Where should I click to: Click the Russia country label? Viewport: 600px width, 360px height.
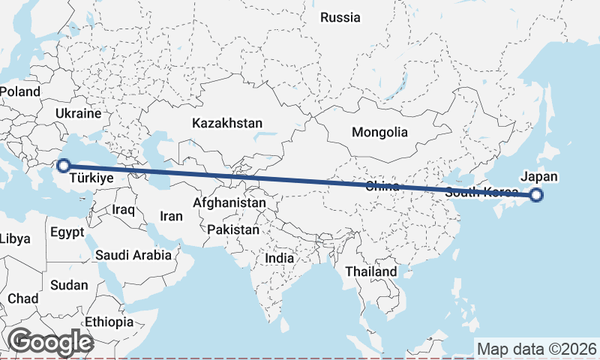point(340,17)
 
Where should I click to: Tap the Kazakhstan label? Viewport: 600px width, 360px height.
point(226,122)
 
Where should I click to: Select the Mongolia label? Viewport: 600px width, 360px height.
point(379,133)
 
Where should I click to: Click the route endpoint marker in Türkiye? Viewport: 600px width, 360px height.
point(64,165)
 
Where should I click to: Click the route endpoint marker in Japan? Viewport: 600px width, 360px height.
point(536,195)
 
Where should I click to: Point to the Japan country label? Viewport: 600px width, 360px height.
point(539,176)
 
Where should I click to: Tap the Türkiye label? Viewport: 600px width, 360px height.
point(91,179)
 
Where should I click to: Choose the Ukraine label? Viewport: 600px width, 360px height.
point(77,114)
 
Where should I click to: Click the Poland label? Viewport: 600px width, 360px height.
point(19,91)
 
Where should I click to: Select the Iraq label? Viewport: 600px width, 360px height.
point(123,210)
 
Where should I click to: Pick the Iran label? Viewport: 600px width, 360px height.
point(172,216)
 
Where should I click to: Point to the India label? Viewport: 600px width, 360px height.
point(279,258)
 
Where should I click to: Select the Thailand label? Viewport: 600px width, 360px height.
point(370,271)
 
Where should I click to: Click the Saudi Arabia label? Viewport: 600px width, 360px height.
point(133,255)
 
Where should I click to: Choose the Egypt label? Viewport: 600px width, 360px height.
point(67,232)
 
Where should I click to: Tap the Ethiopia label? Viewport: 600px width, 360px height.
point(109,322)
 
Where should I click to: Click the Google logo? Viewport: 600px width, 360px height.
point(50,342)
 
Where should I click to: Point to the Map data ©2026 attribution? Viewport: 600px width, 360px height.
point(536,349)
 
